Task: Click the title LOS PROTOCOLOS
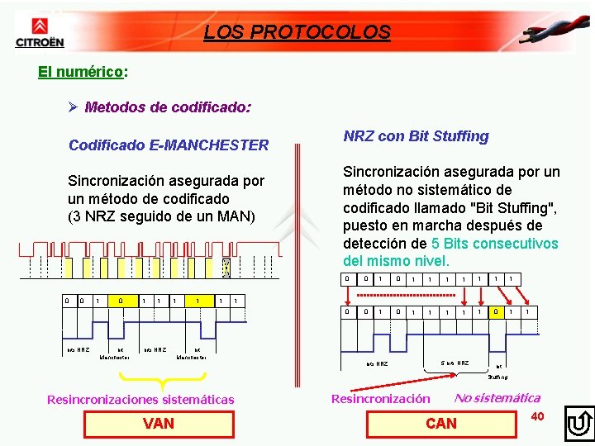[297, 32]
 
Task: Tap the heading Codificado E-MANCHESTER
[169, 145]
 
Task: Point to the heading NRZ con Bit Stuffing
[416, 136]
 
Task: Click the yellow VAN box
[159, 423]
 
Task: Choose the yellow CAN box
[440, 423]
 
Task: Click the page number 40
[537, 415]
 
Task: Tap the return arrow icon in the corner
[578, 424]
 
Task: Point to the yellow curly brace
[162, 381]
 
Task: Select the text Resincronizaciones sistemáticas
[140, 400]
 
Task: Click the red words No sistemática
[497, 398]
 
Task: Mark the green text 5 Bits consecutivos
[495, 244]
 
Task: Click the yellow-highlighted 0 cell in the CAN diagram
[495, 312]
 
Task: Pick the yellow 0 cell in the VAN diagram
[121, 300]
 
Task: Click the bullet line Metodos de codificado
[160, 107]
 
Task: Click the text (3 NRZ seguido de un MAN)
[162, 216]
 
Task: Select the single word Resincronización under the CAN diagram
[380, 399]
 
